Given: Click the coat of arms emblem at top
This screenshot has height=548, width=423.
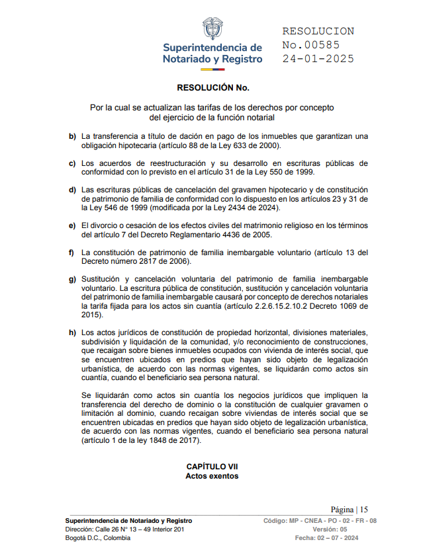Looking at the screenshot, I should click(x=212, y=29).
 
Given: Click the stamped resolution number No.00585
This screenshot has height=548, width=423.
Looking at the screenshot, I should click(x=311, y=45).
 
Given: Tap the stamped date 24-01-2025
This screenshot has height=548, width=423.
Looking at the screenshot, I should click(x=318, y=58).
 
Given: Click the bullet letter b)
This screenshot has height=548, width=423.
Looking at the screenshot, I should click(x=72, y=136).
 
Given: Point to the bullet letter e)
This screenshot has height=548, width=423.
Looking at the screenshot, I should click(x=72, y=225).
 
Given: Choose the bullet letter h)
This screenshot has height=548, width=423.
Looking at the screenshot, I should click(x=72, y=332).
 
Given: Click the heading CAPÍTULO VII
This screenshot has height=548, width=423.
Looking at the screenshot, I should click(x=212, y=467).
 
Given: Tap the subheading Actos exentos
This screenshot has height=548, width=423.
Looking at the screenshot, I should click(x=212, y=476).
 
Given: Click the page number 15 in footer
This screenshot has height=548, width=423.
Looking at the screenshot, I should click(x=363, y=510).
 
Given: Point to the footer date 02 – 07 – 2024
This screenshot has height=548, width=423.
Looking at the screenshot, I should click(x=344, y=538).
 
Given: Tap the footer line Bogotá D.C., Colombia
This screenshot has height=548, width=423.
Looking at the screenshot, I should click(x=98, y=538).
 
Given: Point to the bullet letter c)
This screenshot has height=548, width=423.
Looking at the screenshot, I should click(x=72, y=163).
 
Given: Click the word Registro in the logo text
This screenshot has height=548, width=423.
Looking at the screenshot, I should click(x=240, y=59).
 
